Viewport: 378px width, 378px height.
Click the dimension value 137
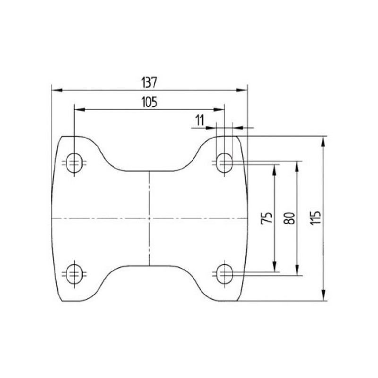click(149, 83)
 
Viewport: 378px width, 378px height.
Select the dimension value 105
click(149, 102)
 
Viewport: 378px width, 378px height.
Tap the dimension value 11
click(199, 120)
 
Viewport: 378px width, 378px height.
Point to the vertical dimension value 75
click(266, 218)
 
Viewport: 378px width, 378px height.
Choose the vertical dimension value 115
click(315, 218)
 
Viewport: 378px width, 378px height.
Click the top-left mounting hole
click(74, 163)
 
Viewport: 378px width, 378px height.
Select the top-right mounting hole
click(224, 163)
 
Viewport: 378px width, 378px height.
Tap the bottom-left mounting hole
click(74, 274)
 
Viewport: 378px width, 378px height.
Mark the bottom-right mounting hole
click(224, 274)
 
